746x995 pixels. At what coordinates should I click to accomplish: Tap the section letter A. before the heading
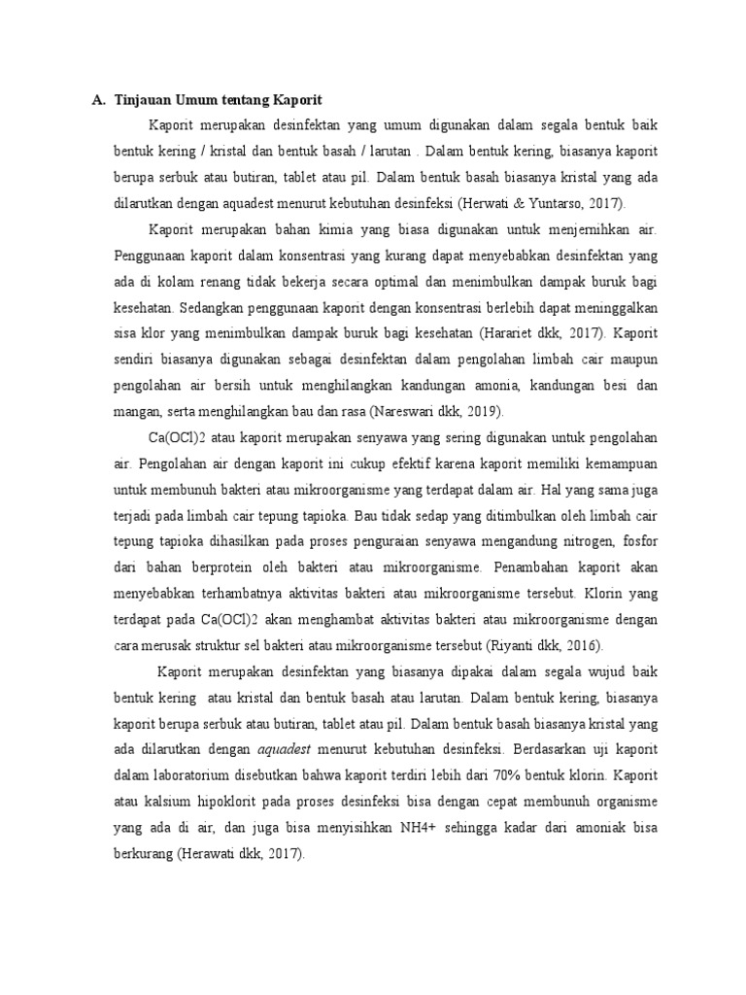[x=98, y=100]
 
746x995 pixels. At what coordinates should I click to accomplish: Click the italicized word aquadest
[x=289, y=749]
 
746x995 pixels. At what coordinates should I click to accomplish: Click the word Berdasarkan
[x=553, y=749]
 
